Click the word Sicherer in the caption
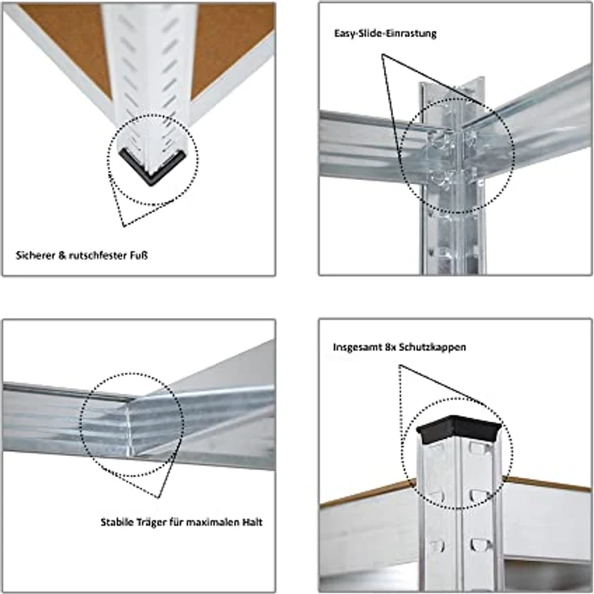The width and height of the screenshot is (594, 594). [36, 255]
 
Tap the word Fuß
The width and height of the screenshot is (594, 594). [139, 255]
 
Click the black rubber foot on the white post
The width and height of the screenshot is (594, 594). [152, 167]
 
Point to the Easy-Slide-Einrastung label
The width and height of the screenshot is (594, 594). [385, 33]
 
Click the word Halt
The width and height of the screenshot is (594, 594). [253, 522]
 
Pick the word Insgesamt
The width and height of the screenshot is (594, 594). [357, 347]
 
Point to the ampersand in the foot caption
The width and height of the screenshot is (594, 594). [62, 255]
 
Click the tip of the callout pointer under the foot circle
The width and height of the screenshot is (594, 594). [123, 226]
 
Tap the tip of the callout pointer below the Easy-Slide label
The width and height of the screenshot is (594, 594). [383, 55]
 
